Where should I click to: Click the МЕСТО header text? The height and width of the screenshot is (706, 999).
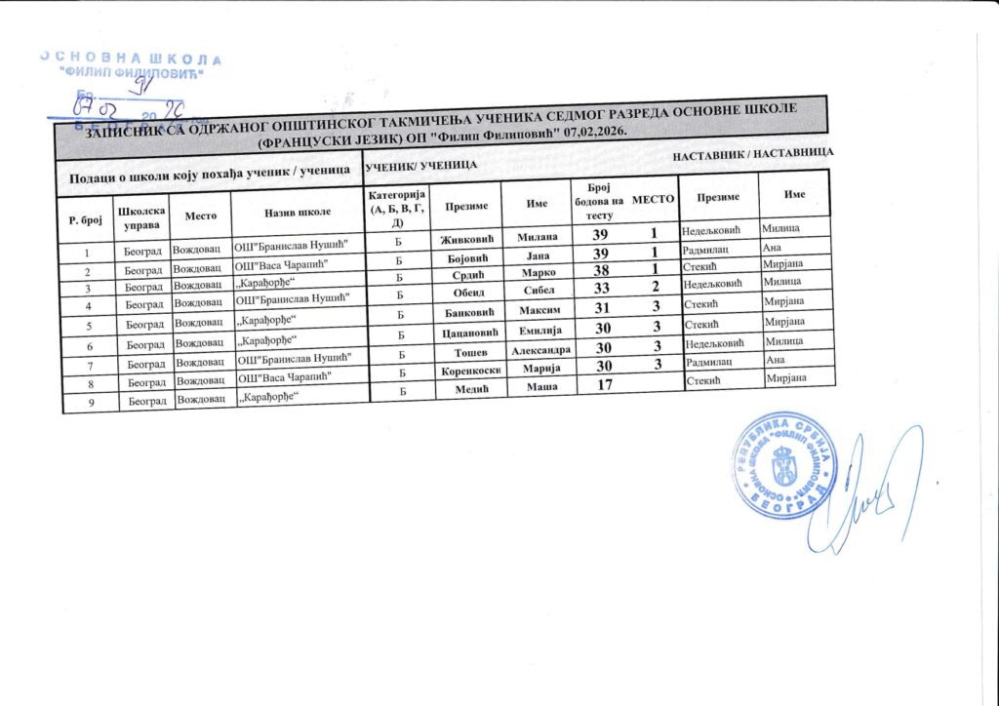tap(654, 199)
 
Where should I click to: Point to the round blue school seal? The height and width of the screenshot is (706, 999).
tap(782, 464)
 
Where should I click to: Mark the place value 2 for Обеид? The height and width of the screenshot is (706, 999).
tap(657, 287)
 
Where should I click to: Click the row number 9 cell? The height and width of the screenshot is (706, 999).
tap(88, 402)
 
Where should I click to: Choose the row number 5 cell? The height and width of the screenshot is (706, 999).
tap(88, 324)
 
